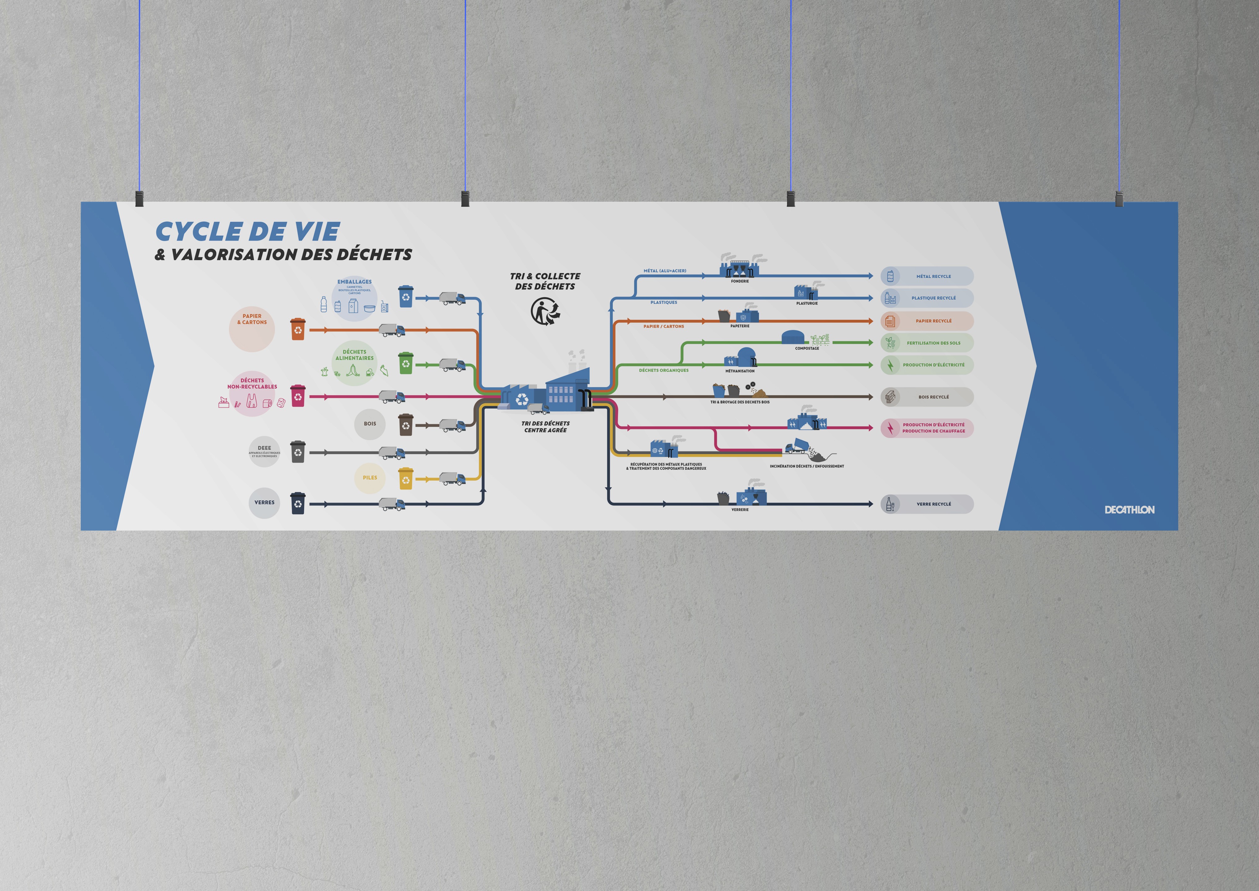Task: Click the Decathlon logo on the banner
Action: (1129, 510)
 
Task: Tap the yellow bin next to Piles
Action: (405, 478)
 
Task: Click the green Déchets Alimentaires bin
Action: (405, 363)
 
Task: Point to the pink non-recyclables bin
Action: (297, 396)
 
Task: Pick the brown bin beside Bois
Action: (405, 425)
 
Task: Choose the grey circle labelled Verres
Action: (265, 502)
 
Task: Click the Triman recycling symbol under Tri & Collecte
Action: (545, 311)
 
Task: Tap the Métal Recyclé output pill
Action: (927, 276)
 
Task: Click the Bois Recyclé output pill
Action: (927, 397)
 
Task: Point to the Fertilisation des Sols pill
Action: (927, 343)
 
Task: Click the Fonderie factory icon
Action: (740, 267)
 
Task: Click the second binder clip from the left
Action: (465, 199)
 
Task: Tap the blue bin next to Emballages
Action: (405, 296)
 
